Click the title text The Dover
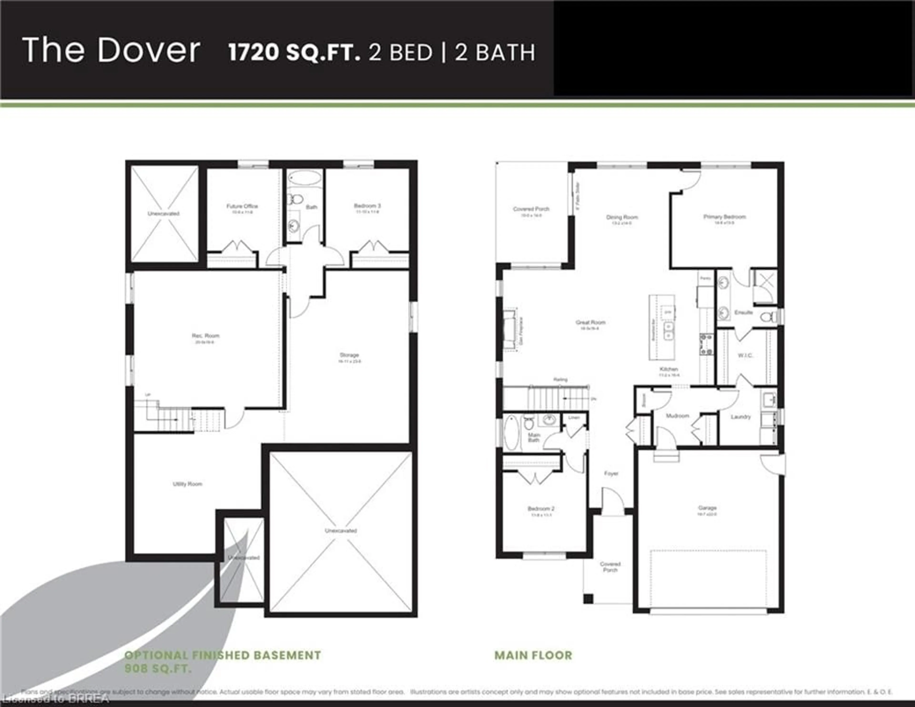(111, 50)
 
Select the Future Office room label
(242, 206)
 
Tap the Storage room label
(349, 355)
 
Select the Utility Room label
(187, 484)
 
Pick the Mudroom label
(677, 416)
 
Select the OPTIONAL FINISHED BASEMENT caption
(223, 655)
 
